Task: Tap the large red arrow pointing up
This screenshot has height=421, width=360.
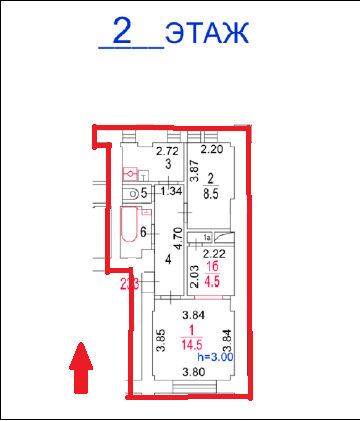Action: [81, 368]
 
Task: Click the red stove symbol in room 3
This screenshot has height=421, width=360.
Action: [128, 173]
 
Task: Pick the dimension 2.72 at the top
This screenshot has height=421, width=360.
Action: [166, 150]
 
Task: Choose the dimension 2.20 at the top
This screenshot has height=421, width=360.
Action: [211, 150]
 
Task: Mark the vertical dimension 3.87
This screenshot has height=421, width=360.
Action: [195, 170]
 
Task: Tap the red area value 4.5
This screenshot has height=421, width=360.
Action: [211, 281]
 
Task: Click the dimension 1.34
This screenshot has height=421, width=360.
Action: [171, 191]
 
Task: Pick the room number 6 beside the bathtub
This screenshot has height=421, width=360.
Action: [144, 233]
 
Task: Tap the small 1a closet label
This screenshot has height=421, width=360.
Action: [207, 237]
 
